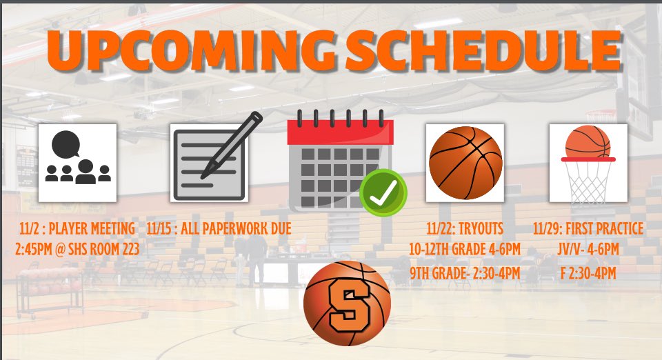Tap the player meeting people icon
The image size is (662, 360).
point(77,163)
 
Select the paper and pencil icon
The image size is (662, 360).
point(209,163)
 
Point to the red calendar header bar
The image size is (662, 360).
point(340,132)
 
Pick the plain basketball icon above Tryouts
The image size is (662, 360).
point(465,163)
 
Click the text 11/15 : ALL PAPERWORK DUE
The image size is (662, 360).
point(219,228)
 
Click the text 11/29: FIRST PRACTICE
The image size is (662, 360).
point(588,228)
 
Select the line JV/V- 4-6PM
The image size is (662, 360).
point(588,249)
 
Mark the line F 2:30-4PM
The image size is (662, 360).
point(588,274)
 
